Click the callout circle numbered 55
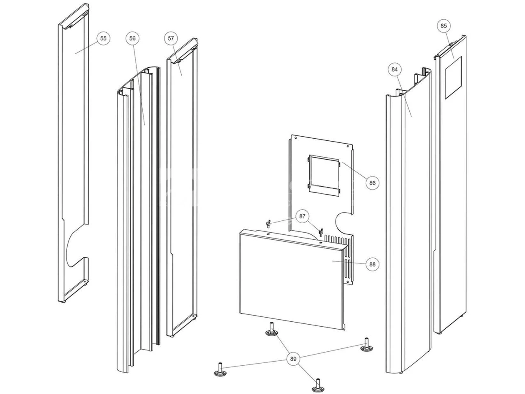103,38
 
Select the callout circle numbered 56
132,38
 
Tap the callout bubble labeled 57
171,38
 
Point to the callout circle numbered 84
395,69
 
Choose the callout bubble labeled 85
443,25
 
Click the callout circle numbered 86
372,183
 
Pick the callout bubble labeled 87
302,216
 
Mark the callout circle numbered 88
372,264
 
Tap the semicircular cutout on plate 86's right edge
345,222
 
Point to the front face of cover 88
287,279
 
